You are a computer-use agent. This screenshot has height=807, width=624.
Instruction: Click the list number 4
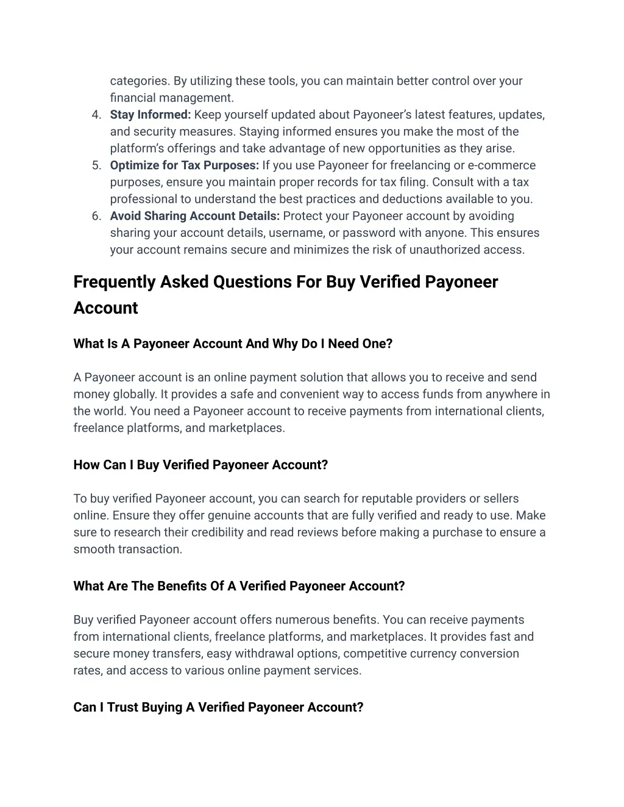tap(96, 115)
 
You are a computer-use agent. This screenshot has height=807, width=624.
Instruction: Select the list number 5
tap(96, 166)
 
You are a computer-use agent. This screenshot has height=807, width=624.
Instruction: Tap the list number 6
tap(96, 216)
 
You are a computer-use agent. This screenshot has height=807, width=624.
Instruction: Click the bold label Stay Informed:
tap(151, 115)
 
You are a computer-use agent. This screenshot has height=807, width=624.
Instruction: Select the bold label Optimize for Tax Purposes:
tap(185, 166)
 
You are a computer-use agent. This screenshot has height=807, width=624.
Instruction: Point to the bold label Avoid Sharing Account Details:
tap(195, 216)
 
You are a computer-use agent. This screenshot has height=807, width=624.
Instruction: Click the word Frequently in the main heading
tap(115, 282)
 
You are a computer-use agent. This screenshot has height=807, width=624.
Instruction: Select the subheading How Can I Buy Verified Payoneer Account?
tap(200, 465)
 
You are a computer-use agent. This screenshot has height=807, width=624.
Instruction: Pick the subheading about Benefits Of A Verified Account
tap(239, 586)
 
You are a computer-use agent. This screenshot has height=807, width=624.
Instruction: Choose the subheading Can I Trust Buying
tap(218, 707)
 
